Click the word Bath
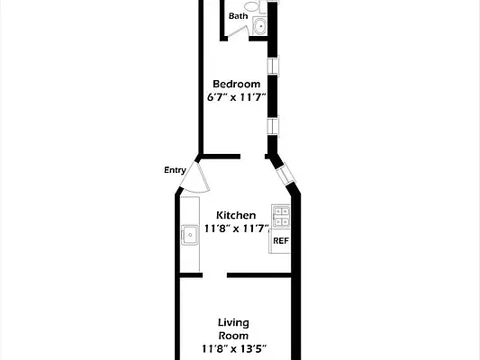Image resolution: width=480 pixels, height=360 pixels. pos(238,16)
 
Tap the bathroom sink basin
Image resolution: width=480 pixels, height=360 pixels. pos(260,26)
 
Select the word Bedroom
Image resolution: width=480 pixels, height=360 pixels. pos(236,84)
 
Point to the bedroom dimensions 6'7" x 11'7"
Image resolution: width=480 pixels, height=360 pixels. pos(236,97)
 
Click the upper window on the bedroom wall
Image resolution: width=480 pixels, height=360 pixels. pos(272,67)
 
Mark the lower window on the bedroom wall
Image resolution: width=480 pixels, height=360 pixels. pos(272,126)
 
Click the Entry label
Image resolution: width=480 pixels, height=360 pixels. pos(175,169)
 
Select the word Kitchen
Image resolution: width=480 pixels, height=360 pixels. pos(236,215)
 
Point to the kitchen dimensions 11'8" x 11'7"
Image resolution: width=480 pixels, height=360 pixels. pos(236,229)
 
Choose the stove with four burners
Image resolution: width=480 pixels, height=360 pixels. pos(280,217)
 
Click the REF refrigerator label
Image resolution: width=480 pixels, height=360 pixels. pos(280,240)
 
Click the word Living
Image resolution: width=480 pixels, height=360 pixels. pos(234,322)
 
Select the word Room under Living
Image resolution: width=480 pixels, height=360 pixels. pos(234,335)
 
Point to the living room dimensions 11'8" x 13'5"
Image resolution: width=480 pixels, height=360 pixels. pos(234,348)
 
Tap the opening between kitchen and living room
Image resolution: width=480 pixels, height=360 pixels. pos(214,274)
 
